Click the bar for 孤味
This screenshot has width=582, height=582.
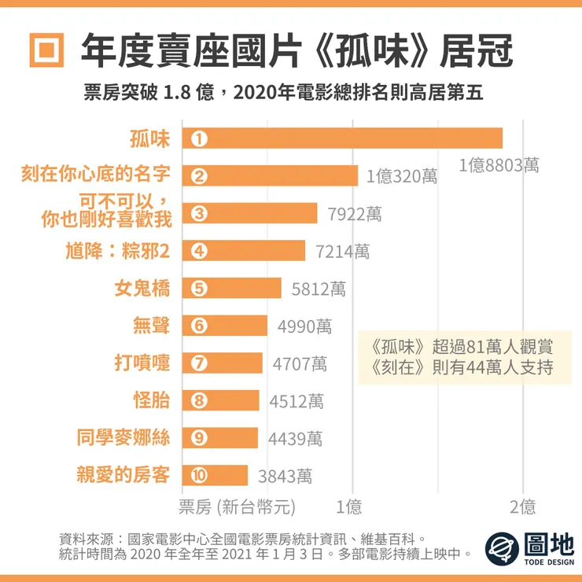click(342, 138)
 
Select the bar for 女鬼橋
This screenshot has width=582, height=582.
click(231, 289)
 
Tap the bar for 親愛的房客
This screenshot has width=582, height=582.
click(215, 475)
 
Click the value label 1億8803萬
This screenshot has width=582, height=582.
click(499, 165)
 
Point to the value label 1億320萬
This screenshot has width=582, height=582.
click(402, 177)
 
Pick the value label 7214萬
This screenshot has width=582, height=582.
click(342, 252)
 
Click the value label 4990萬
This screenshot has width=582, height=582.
click(304, 326)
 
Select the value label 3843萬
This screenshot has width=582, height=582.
click(285, 476)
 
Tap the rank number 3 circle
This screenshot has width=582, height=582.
click(199, 214)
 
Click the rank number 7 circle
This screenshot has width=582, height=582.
click(199, 363)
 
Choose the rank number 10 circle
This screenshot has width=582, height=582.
click(199, 475)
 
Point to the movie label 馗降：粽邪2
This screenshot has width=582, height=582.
click(117, 251)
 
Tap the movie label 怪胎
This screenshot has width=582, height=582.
click(151, 400)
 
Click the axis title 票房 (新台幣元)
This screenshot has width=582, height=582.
click(238, 506)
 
